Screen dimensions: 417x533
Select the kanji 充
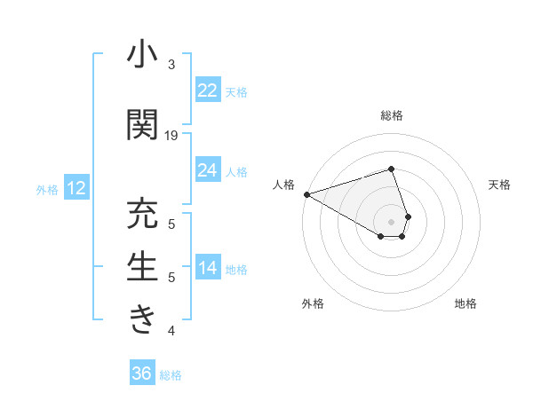(142, 216)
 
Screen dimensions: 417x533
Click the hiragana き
(142, 319)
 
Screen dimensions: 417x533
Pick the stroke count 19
(171, 136)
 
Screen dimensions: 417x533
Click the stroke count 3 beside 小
(171, 65)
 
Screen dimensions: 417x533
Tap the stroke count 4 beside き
(171, 331)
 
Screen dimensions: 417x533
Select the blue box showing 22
(207, 90)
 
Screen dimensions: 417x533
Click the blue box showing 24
(207, 170)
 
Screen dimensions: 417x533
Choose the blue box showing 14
(207, 268)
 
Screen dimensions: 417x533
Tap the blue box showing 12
(76, 188)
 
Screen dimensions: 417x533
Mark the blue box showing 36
(142, 374)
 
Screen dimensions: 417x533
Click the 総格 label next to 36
(171, 375)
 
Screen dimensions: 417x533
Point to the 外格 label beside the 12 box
(47, 189)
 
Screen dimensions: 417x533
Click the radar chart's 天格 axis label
(499, 185)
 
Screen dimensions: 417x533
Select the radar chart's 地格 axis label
(465, 303)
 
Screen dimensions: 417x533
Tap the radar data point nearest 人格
(306, 193)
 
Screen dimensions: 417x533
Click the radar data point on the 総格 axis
(391, 169)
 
